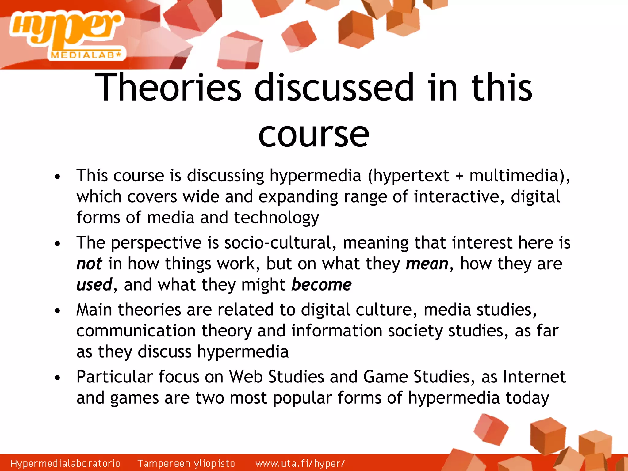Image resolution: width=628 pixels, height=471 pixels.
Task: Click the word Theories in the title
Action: tap(168, 88)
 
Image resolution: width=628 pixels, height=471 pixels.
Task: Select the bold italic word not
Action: tap(89, 264)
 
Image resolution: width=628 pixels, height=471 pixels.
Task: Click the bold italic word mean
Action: tap(427, 264)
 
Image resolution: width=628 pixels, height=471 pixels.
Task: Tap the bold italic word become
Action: tap(321, 285)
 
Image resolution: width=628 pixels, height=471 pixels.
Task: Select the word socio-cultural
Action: tap(278, 243)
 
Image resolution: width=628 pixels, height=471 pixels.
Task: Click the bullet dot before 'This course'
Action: tap(57, 177)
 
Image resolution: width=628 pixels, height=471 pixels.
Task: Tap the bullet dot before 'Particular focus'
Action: tap(57, 378)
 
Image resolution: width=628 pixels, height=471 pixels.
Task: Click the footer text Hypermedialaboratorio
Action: tap(65, 463)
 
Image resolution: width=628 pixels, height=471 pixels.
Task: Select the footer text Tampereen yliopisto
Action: tap(186, 463)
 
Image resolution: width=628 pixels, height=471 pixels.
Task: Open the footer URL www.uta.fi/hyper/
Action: tap(300, 463)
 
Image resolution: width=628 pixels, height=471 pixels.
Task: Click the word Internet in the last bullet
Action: tap(534, 377)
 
